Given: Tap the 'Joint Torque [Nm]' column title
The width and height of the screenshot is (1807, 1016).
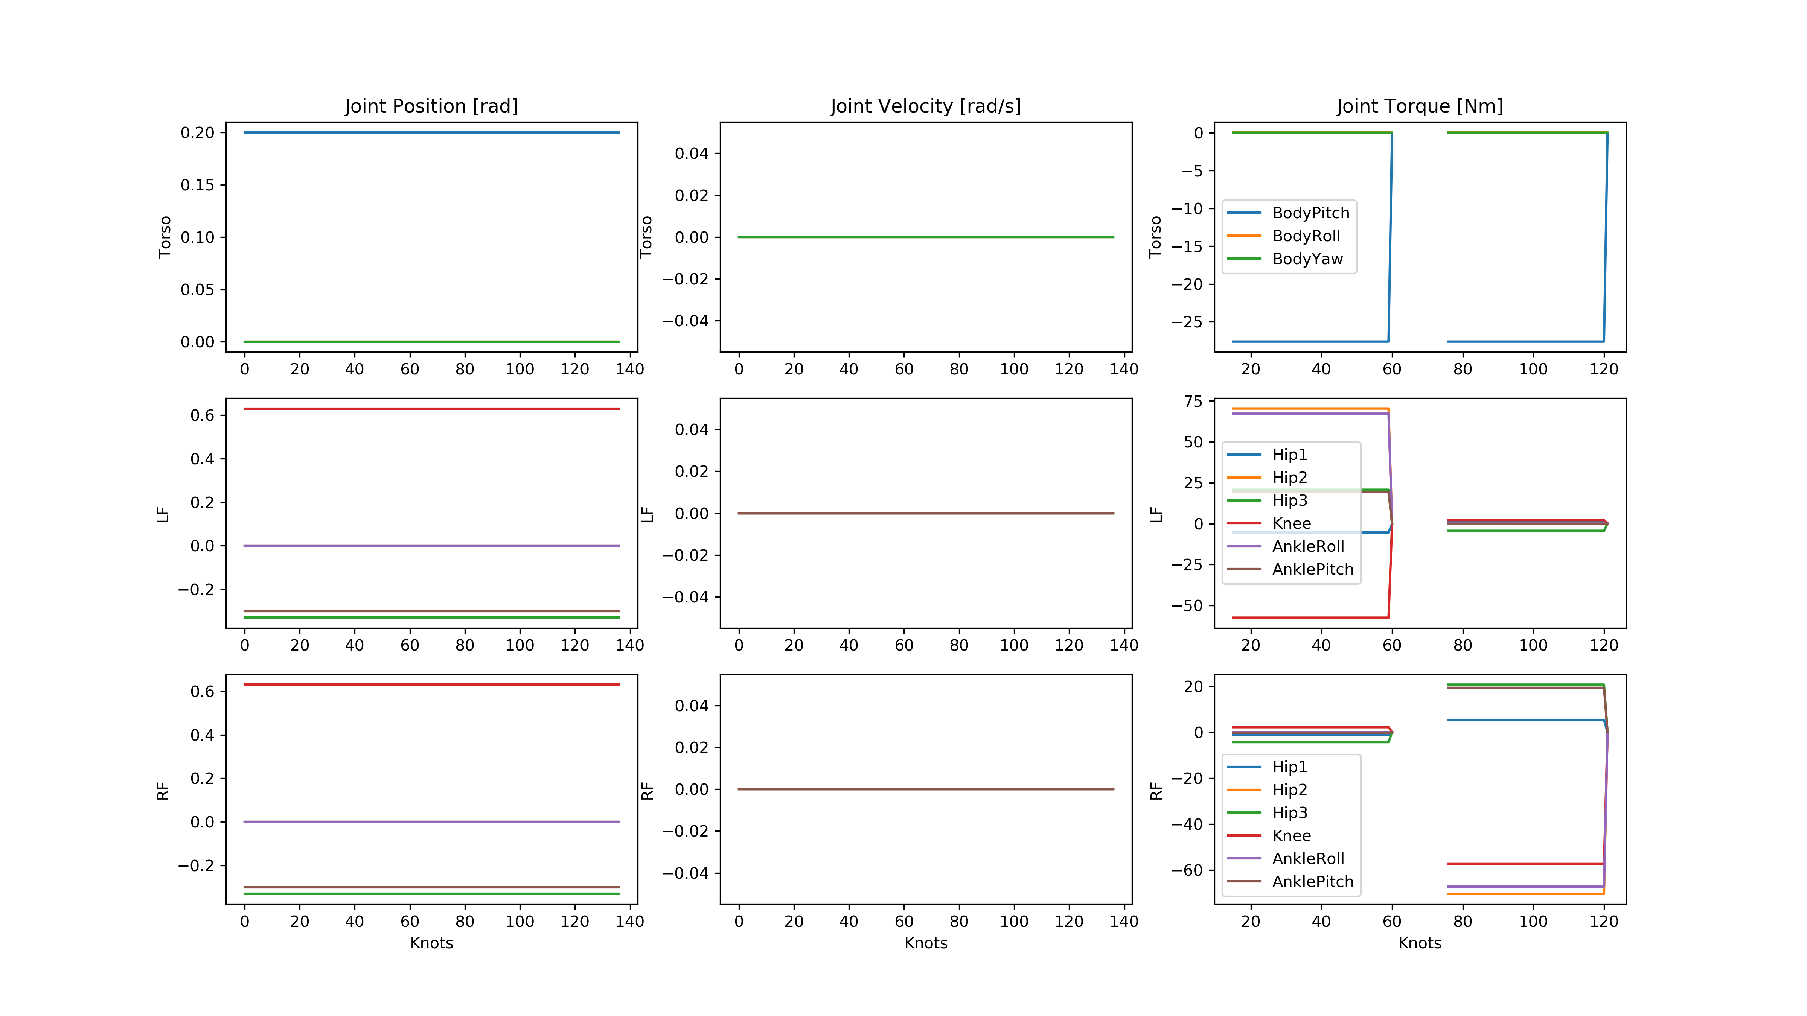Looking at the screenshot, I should [1419, 106].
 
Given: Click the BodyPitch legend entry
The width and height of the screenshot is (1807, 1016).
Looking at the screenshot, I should [1310, 213].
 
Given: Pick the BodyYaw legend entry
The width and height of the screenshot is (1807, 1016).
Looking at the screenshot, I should [1307, 259].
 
